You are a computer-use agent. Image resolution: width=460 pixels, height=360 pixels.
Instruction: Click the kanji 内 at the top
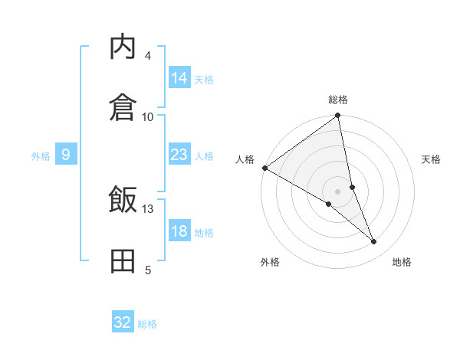(123, 47)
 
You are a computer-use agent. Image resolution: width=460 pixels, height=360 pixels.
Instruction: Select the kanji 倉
(123, 106)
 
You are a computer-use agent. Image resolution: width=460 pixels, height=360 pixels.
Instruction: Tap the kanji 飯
(123, 201)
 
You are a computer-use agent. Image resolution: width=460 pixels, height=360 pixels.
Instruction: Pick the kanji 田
(123, 260)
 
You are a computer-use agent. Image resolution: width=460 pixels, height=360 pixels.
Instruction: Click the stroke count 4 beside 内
(148, 56)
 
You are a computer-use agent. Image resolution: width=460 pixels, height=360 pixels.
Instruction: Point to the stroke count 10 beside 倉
(148, 116)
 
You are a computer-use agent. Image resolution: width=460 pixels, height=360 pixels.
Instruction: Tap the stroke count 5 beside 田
(148, 270)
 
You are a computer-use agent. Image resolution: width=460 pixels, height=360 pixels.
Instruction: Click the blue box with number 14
(179, 78)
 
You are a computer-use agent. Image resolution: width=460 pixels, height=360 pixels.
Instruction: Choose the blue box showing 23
(179, 155)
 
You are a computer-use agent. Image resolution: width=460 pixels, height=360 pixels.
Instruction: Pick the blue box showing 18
(179, 232)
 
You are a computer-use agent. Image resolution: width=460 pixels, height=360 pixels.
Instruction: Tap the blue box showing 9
(66, 155)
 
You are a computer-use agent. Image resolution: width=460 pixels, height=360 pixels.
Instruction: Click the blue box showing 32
(123, 322)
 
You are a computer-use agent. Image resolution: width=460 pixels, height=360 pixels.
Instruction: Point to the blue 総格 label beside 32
(147, 324)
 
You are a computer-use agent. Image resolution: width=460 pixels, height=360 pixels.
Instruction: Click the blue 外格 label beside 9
(41, 156)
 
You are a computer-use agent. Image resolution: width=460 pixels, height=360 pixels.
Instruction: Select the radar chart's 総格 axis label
(338, 100)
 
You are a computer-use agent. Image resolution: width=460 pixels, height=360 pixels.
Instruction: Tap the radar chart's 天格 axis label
(431, 159)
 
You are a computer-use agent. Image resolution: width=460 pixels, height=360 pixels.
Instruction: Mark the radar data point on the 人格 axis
(264, 168)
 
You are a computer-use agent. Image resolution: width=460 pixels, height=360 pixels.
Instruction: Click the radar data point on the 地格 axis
(374, 242)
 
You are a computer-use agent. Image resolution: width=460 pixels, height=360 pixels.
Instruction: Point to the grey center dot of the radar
(338, 191)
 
